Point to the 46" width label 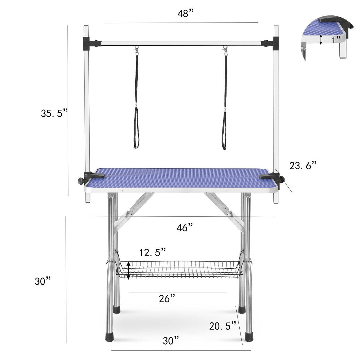point(184,228)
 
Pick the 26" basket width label point(167,299)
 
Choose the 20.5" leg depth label point(222,326)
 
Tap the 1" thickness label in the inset point(336,39)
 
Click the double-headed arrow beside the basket point(128,270)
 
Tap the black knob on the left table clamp point(80,180)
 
